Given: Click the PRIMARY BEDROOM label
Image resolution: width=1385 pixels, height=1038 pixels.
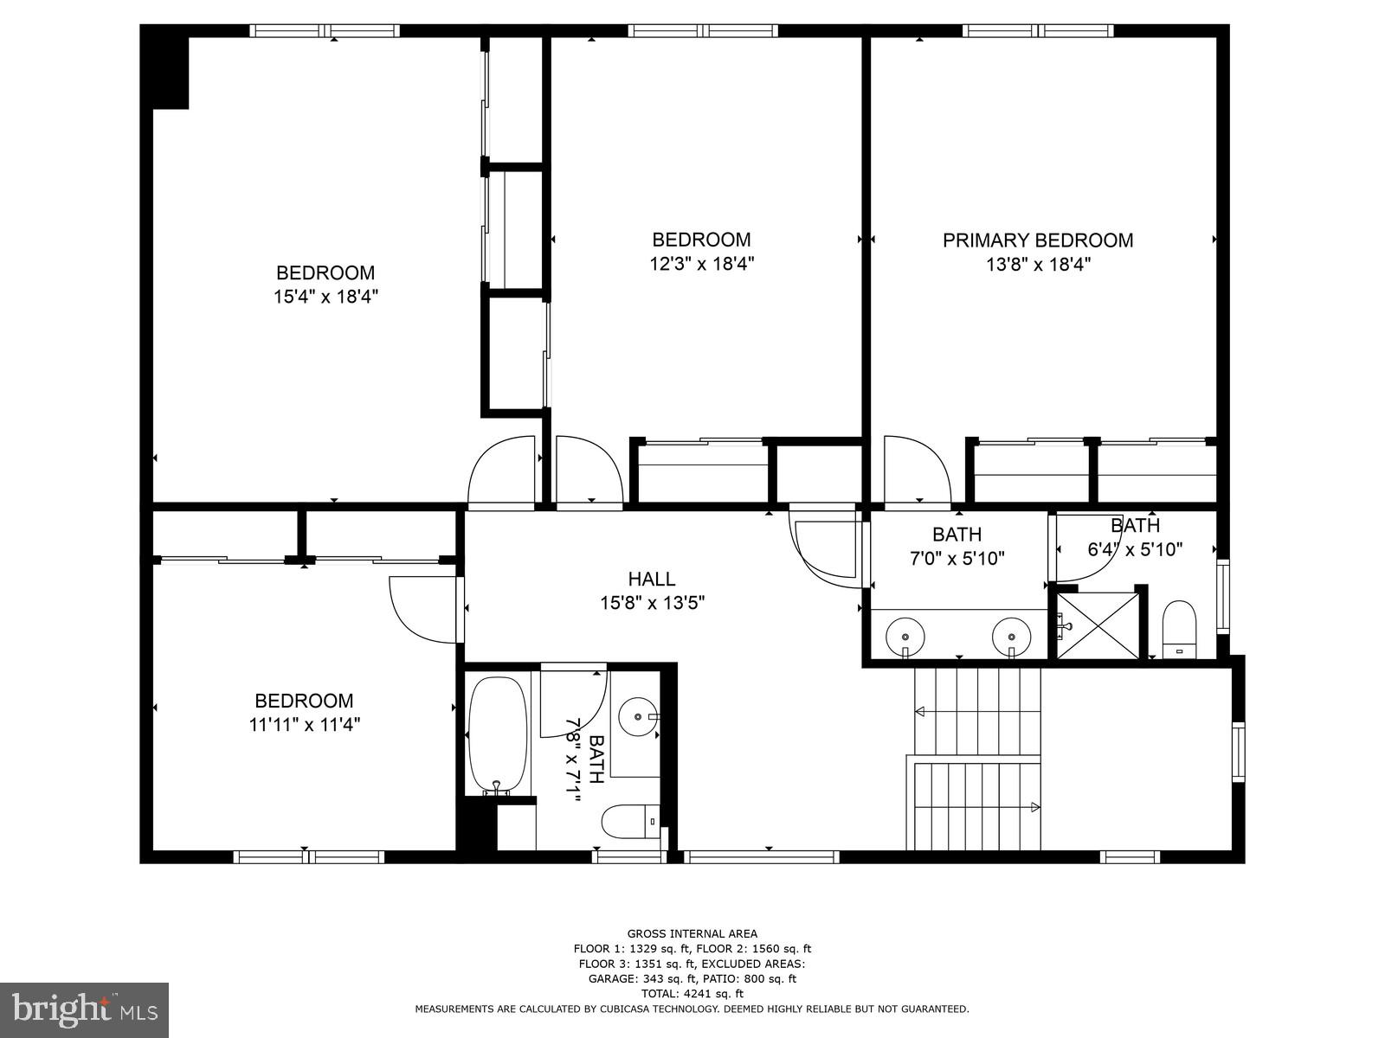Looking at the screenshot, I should coord(1038,240).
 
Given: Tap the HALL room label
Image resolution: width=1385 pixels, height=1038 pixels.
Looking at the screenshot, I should coord(651,579).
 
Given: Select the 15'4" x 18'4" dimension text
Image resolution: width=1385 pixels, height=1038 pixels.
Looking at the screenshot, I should coord(325,297).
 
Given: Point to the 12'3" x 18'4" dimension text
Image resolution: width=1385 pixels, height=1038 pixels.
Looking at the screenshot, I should coord(702,264).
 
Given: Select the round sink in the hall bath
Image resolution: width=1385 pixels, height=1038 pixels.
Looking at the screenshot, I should coord(638,716).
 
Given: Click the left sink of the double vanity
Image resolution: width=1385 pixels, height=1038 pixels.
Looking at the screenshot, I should coord(905,636).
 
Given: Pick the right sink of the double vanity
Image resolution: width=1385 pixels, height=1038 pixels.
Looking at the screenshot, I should coord(1011,636).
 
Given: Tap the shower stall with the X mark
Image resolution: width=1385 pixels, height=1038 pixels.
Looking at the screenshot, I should coord(1097,625).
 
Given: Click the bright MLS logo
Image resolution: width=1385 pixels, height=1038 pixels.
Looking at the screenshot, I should coord(85,1009).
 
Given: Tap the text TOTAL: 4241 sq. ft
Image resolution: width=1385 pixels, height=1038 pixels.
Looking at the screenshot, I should coord(692,994).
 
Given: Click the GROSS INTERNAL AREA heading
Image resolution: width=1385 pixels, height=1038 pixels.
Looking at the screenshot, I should coord(692,933).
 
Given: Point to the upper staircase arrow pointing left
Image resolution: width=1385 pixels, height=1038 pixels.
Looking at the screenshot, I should coord(921,711).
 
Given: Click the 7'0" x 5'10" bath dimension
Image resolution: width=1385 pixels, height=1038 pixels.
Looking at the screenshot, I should coord(957,559).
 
